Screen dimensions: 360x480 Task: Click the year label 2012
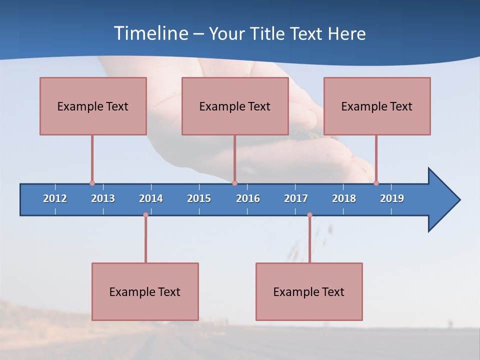55,198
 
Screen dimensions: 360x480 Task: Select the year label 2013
103,198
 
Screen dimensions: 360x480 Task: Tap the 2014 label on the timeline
151,198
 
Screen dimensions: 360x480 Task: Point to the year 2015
199,198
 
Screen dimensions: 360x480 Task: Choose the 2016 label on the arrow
248,198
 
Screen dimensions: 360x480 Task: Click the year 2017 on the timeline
296,198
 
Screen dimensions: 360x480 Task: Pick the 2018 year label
344,198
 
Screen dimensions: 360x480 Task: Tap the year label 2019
392,198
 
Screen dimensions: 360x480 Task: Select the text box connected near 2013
93,106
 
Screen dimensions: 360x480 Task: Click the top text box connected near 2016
235,106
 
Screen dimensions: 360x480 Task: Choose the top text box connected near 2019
377,106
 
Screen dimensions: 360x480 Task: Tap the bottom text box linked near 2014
145,291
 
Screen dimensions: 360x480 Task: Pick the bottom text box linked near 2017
309,291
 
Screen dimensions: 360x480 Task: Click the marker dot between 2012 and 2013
92,183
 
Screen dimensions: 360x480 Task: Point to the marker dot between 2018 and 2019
376,183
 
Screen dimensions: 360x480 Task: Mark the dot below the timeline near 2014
145,215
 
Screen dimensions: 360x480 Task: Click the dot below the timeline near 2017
309,215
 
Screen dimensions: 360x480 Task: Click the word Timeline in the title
150,33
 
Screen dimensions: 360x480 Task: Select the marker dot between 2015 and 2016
234,183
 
